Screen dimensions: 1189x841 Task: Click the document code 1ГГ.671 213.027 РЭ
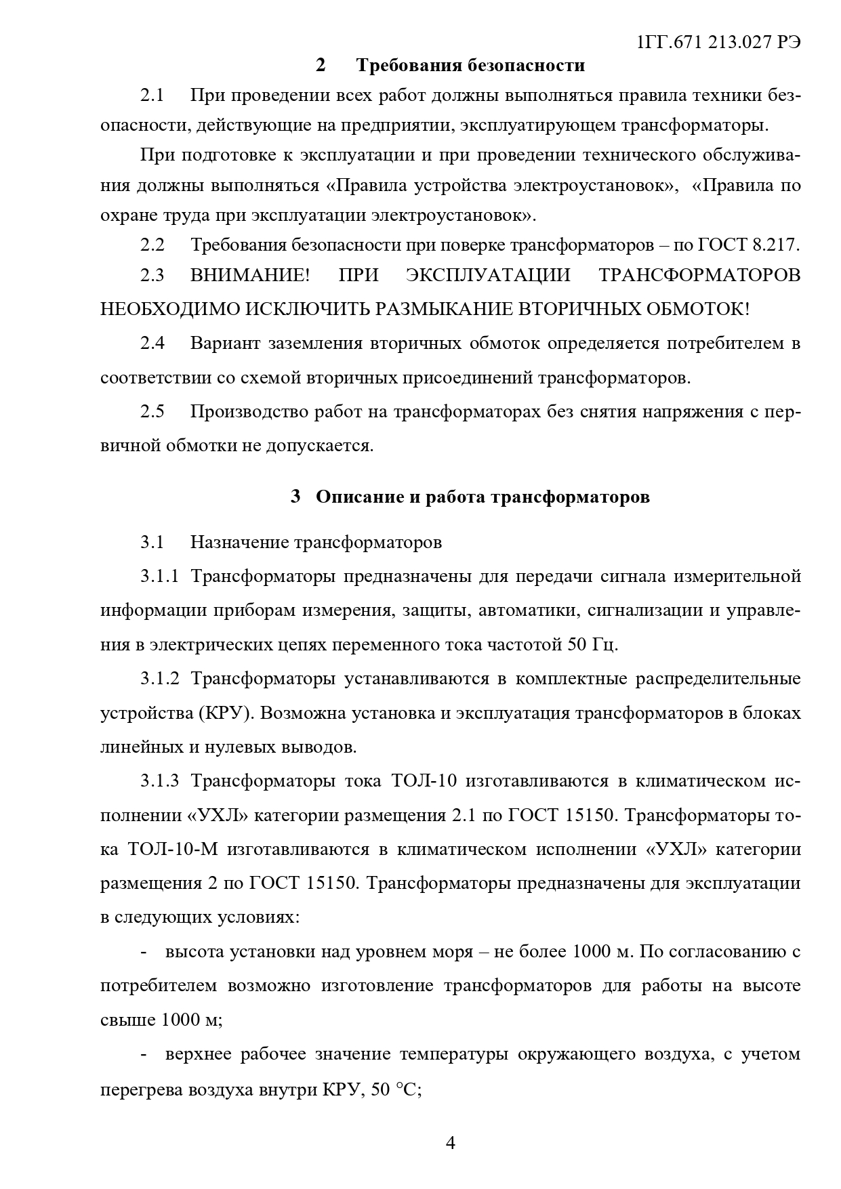click(718, 42)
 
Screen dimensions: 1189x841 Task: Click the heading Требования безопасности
click(470, 66)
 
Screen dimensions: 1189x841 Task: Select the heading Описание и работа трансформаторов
click(483, 497)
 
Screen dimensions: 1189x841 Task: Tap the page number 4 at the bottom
click(450, 1144)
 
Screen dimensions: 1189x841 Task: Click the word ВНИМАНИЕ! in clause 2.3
click(249, 275)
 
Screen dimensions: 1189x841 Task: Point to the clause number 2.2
click(152, 245)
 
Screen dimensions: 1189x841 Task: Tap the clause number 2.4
click(152, 343)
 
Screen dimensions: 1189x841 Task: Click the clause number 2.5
click(152, 411)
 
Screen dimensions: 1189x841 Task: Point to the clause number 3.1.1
click(160, 577)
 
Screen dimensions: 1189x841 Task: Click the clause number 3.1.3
click(160, 781)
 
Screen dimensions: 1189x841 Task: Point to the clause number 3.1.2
click(160, 679)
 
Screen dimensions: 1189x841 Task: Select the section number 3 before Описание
click(295, 497)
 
